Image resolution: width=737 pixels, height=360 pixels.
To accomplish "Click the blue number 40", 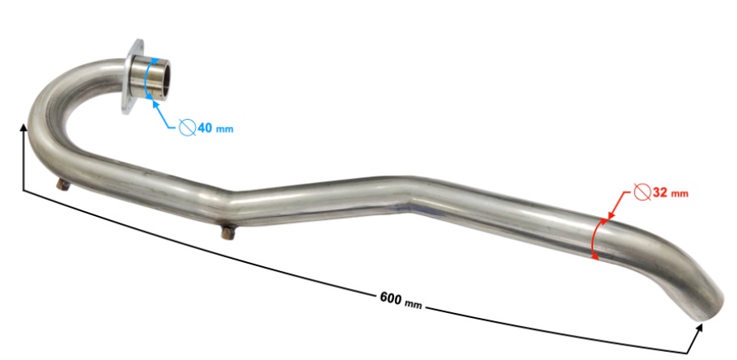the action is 205,127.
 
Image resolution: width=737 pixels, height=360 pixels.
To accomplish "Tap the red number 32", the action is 660,193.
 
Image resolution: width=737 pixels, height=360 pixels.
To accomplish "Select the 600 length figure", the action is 390,298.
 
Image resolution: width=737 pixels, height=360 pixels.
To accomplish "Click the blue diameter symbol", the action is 187,127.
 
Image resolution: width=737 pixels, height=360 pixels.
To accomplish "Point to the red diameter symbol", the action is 642,192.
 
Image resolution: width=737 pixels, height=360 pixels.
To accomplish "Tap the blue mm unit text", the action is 224,129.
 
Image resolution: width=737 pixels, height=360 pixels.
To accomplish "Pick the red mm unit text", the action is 680,193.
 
